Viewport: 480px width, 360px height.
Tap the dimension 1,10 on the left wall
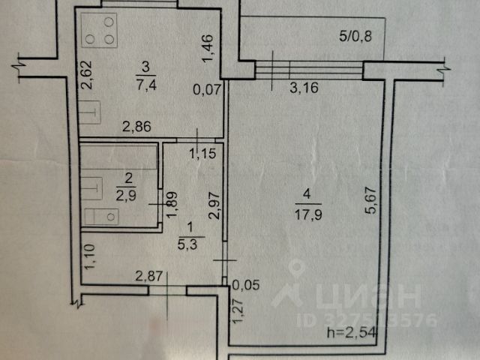click(88, 259)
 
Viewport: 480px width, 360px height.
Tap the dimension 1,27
click(238, 310)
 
